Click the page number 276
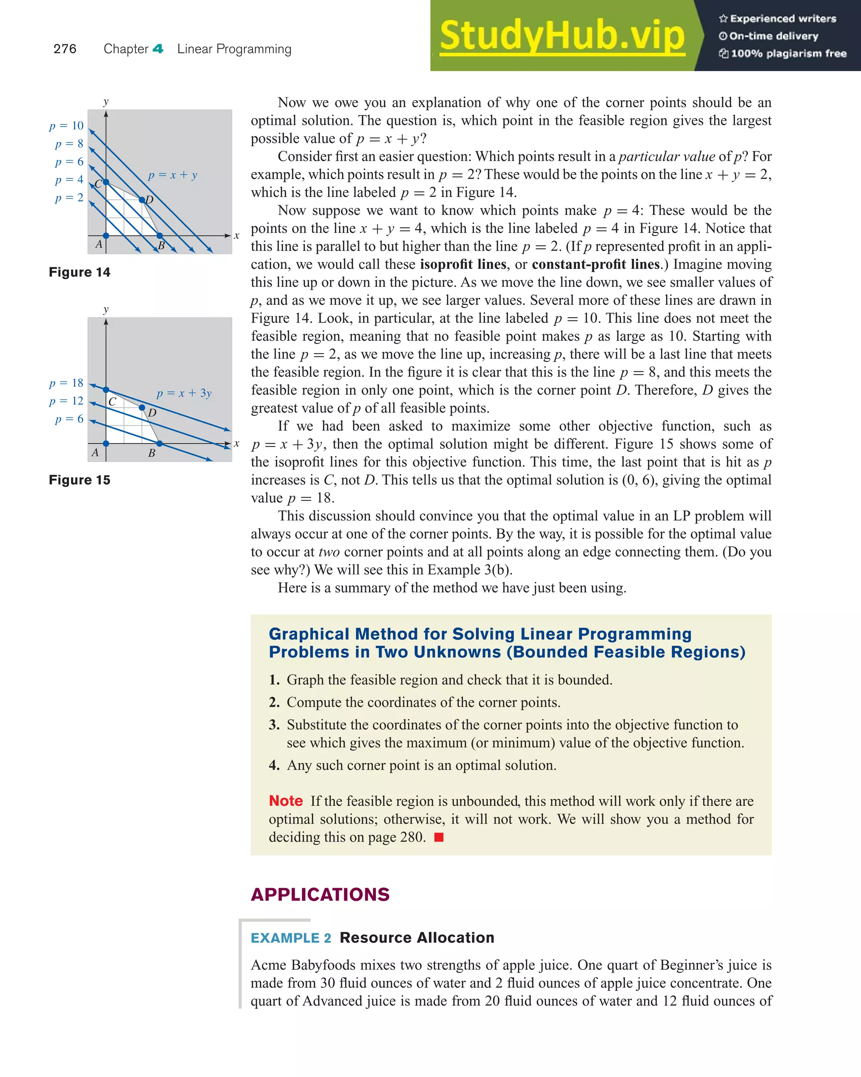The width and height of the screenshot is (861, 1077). point(65,49)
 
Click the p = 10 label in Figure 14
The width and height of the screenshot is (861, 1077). point(66,125)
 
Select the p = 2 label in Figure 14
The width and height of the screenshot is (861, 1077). point(69,197)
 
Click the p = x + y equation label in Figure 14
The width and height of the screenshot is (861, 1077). point(172,175)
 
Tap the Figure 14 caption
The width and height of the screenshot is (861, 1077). point(79,272)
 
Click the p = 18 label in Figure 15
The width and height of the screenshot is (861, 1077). point(66,383)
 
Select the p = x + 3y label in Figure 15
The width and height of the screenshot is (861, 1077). point(184,393)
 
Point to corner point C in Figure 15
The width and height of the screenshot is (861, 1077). point(106,390)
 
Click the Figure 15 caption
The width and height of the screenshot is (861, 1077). point(79,480)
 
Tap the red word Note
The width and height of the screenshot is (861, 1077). point(285,801)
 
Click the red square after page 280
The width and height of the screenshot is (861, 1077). point(439,837)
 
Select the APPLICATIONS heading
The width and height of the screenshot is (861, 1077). point(320,894)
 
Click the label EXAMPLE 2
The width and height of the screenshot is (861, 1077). point(291,938)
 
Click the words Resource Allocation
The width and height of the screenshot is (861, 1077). point(417,938)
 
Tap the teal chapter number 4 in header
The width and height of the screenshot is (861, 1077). point(158,49)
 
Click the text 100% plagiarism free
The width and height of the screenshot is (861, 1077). point(788,53)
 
